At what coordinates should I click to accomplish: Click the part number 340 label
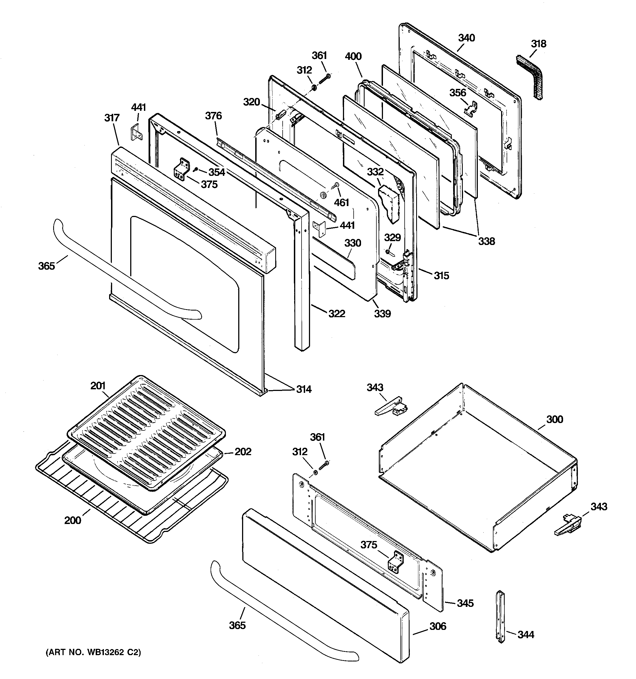[x=466, y=38]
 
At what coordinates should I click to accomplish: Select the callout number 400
[x=353, y=56]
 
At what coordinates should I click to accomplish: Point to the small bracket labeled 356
[x=471, y=107]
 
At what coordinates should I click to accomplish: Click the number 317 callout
[x=112, y=118]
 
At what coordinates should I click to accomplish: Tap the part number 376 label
[x=213, y=116]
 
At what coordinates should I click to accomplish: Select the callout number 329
[x=392, y=237]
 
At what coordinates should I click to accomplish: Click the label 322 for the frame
[x=337, y=313]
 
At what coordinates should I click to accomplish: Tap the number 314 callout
[x=303, y=389]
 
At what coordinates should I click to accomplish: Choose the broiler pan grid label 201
[x=98, y=386]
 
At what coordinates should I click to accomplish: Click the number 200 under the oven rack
[x=73, y=520]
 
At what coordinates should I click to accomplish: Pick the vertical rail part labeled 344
[x=501, y=616]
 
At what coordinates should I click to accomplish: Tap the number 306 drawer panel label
[x=437, y=626]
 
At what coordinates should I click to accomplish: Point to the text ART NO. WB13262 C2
[x=93, y=652]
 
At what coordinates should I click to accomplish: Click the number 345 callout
[x=465, y=603]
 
